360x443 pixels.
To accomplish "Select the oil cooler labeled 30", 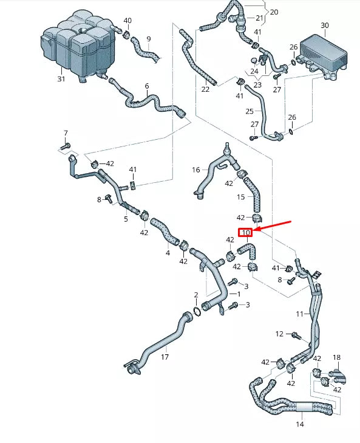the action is click(x=324, y=57).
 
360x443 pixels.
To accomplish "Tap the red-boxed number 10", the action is click(x=245, y=233).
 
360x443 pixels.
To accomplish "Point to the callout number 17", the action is click(x=165, y=357).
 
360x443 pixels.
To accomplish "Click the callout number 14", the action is click(x=300, y=424).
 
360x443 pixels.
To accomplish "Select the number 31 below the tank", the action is click(x=61, y=79).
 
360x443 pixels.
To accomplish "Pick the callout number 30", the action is click(x=325, y=26).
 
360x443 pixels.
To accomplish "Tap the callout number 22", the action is click(x=205, y=89).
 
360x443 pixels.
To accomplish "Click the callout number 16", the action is click(x=196, y=170).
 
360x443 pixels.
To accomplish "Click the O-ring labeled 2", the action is click(x=197, y=311).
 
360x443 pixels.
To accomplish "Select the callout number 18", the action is click(x=336, y=357).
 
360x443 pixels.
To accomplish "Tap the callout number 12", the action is click(x=279, y=334).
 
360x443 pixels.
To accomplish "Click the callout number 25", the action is click(x=250, y=111).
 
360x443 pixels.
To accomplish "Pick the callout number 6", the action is click(x=147, y=86).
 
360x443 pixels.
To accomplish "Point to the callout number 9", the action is click(x=149, y=39).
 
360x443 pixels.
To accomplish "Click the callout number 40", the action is click(x=127, y=21).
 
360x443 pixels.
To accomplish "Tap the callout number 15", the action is click(x=240, y=197).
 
